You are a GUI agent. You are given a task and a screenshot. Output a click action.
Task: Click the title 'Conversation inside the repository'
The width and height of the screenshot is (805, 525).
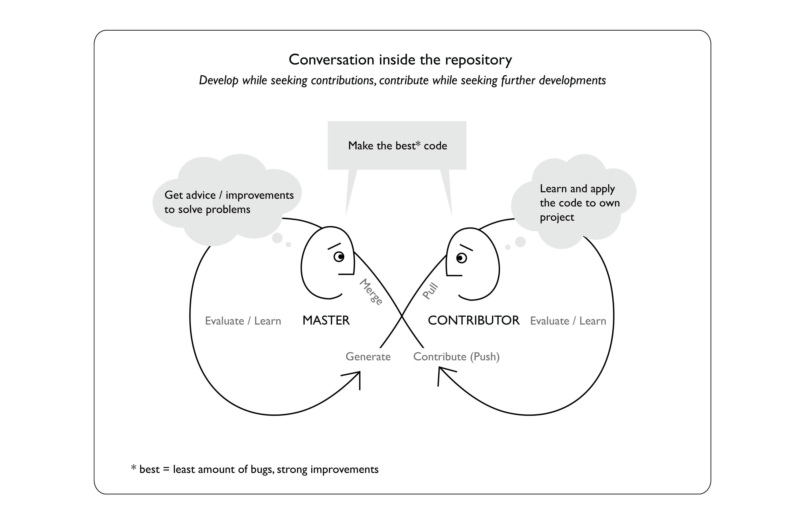point(400,60)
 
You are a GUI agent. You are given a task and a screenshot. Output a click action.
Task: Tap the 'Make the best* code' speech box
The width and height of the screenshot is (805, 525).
point(397,145)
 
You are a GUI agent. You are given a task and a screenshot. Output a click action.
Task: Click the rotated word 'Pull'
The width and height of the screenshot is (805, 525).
point(431,291)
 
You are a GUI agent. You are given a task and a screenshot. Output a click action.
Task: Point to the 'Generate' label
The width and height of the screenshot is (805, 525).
point(368,356)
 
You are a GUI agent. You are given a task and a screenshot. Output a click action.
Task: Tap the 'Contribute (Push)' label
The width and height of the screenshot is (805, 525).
point(456,356)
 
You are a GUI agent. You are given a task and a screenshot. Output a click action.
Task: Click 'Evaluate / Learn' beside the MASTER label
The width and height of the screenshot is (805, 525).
point(243,321)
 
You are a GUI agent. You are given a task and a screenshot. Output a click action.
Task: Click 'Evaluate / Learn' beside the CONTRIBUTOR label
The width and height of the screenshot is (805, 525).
point(568,321)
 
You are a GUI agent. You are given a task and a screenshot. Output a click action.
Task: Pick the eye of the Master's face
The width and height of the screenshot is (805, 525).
point(339,257)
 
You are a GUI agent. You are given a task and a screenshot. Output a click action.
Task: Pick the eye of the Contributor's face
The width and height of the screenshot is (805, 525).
point(461,258)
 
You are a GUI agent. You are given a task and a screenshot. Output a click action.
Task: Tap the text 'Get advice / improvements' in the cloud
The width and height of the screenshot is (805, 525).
point(229,195)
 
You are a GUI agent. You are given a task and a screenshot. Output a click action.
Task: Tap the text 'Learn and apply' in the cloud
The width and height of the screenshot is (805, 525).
point(577,188)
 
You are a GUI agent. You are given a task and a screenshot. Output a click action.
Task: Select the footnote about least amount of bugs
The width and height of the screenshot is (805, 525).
point(255,469)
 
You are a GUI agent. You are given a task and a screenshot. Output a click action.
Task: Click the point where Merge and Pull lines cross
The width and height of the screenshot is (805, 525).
point(402,316)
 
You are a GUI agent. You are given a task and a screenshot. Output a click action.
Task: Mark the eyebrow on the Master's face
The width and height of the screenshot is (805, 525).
point(334,246)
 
